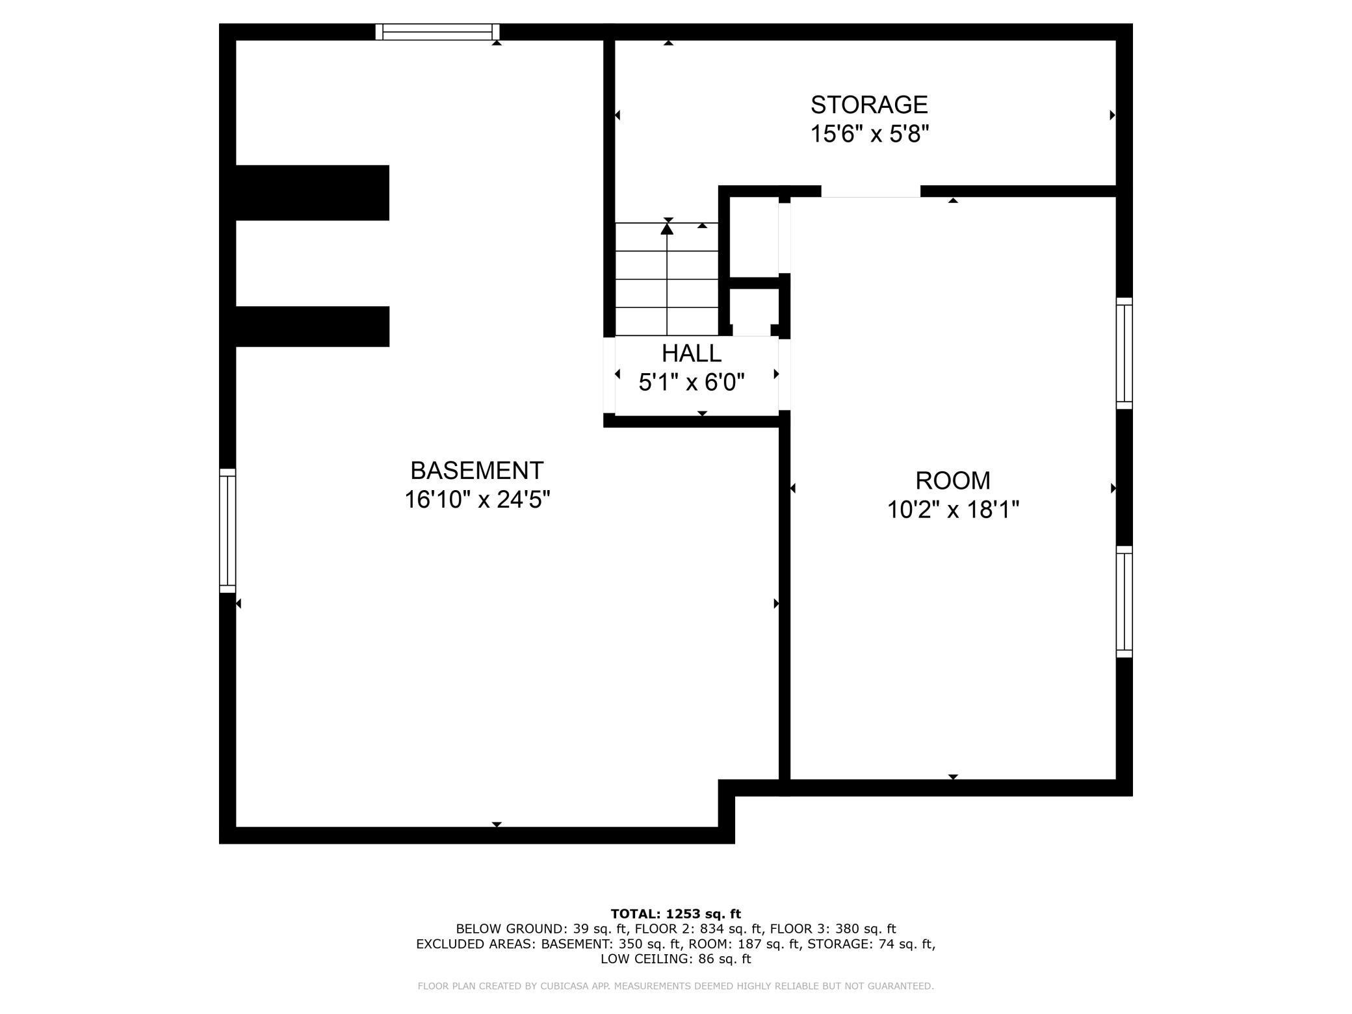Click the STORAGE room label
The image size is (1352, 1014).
(868, 105)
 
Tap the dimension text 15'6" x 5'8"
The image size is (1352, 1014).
(868, 135)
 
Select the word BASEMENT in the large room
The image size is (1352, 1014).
(476, 470)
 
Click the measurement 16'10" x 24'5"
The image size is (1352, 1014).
(476, 500)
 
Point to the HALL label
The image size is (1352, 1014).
(691, 353)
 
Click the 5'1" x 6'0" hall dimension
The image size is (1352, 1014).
(691, 382)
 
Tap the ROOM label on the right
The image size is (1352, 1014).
(952, 480)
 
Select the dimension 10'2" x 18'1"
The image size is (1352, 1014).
(952, 510)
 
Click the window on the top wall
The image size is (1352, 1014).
(437, 32)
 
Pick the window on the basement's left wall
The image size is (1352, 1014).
(227, 530)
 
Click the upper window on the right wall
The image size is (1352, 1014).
(1124, 353)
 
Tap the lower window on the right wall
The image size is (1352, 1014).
(1124, 601)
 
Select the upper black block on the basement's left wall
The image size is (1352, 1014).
(312, 192)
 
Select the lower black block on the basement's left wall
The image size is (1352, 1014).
(312, 326)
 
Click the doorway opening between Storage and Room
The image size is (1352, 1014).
(870, 191)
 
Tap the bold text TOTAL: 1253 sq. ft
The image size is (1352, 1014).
(675, 913)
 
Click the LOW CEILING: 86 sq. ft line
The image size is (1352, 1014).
(675, 958)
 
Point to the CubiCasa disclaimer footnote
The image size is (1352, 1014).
(675, 986)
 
